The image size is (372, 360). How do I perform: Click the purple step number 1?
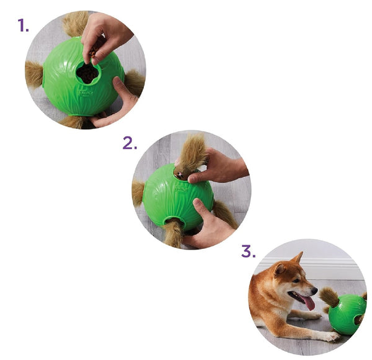[23, 26]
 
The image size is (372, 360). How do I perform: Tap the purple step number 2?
[130, 143]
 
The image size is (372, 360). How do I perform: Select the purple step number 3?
[248, 252]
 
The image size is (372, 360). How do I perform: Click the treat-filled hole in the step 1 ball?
[87, 73]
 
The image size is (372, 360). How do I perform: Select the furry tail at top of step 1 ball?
[74, 24]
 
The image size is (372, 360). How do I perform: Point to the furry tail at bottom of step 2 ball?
[174, 233]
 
